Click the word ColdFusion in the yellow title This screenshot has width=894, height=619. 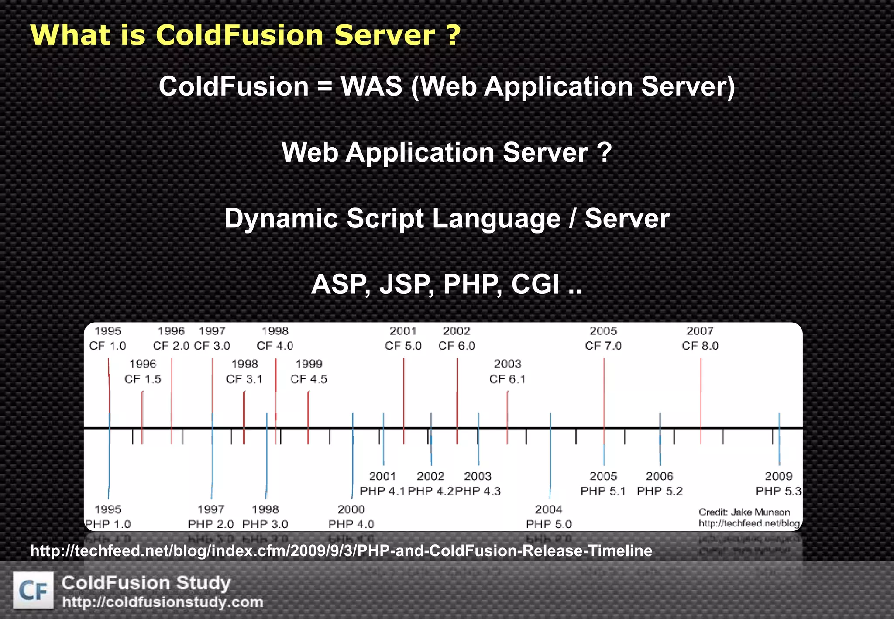click(239, 35)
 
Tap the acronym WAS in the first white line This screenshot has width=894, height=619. click(371, 86)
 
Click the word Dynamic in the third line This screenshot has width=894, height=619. click(281, 218)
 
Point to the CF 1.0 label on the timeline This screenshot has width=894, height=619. click(107, 346)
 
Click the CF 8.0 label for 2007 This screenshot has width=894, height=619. click(700, 346)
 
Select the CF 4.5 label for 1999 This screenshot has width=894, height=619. click(309, 379)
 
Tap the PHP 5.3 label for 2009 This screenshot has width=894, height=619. click(778, 491)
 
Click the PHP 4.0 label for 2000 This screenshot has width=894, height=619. click(351, 524)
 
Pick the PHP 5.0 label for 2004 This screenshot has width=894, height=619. click(549, 524)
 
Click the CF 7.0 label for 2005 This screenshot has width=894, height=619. click(603, 346)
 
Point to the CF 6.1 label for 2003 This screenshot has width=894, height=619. click(507, 379)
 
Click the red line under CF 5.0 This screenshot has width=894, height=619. click(404, 393)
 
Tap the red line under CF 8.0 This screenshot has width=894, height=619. click(701, 393)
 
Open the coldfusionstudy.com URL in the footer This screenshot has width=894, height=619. click(162, 602)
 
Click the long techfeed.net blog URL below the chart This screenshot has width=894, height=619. click(341, 551)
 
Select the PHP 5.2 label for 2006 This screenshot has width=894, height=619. click(659, 491)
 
